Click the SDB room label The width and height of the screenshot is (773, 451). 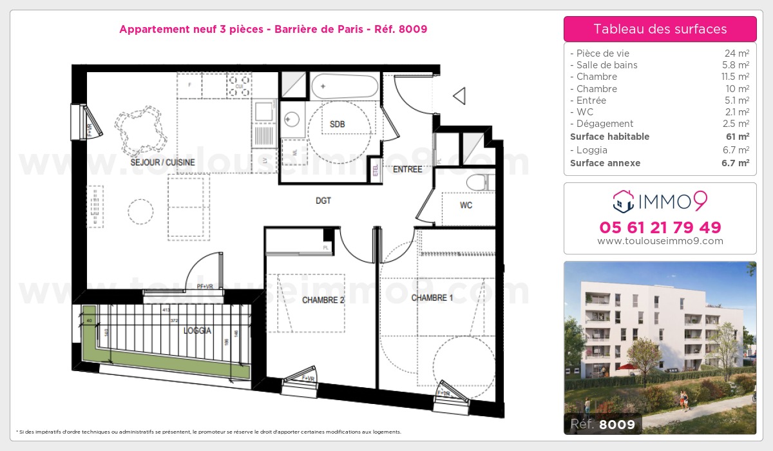(x=337, y=124)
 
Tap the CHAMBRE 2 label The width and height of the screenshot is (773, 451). (x=323, y=300)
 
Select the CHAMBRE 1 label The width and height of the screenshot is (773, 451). (x=432, y=298)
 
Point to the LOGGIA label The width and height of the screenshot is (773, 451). (x=197, y=331)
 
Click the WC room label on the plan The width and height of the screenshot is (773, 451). (x=466, y=206)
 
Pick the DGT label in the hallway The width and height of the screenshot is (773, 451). (x=323, y=201)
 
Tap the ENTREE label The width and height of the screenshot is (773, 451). (x=408, y=169)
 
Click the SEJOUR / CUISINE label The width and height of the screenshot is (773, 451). (x=162, y=163)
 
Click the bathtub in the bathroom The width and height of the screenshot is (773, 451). (x=345, y=86)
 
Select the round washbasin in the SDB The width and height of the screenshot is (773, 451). (x=292, y=119)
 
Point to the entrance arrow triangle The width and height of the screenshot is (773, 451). (x=460, y=96)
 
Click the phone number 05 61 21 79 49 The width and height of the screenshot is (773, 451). (x=660, y=227)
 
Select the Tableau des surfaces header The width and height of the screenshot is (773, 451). (x=660, y=29)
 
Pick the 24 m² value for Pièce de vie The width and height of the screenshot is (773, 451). (x=736, y=53)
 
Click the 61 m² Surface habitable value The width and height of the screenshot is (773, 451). (x=738, y=137)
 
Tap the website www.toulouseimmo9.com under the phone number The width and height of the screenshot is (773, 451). (x=660, y=242)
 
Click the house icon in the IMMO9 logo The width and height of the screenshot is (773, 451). (x=624, y=201)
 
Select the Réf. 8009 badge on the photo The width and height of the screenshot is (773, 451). (x=603, y=425)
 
